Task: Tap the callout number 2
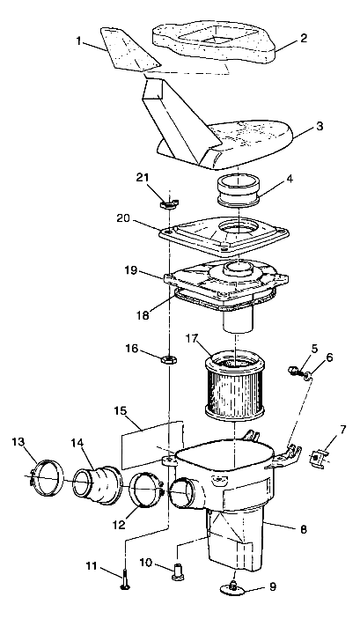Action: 303,38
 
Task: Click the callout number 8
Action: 303,530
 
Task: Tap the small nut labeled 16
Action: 166,357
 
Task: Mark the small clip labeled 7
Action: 320,459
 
